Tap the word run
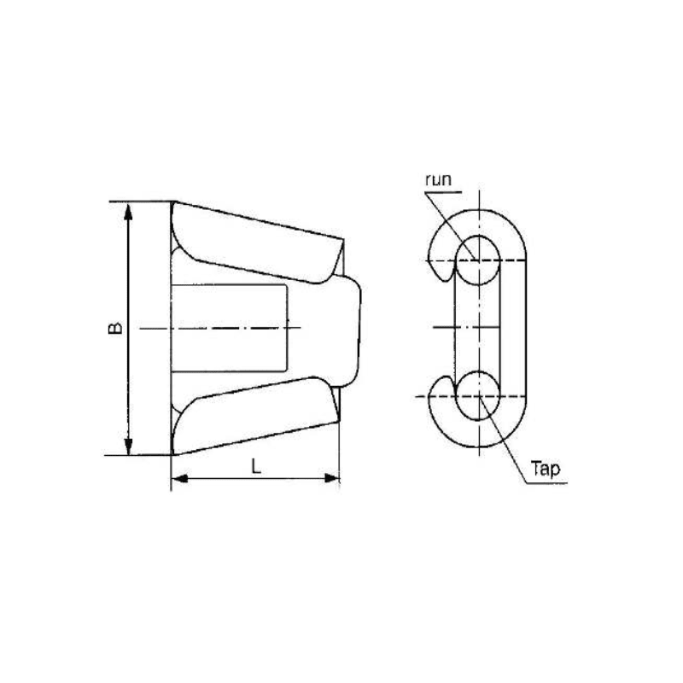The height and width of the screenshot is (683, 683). (x=440, y=181)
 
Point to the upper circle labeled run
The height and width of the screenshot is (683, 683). (x=479, y=259)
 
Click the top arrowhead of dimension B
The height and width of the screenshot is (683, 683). (x=128, y=209)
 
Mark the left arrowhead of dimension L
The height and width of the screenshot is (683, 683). (x=178, y=482)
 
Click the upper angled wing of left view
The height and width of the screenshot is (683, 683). (x=256, y=243)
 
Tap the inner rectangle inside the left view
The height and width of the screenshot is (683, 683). (x=231, y=328)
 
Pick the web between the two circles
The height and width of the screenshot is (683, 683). (x=479, y=328)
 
